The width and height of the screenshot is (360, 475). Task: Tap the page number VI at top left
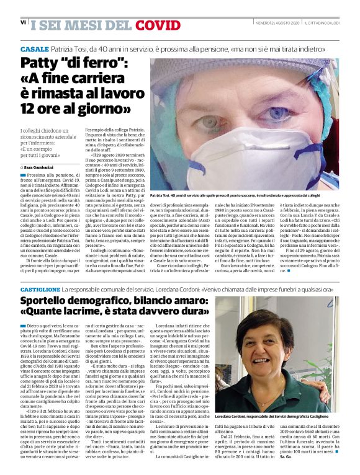tap(23, 22)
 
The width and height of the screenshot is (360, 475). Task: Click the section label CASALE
tap(34, 48)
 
